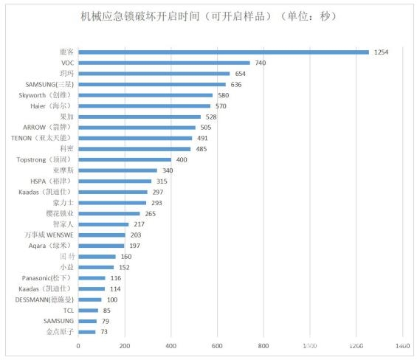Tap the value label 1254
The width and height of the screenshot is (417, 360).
point(381,52)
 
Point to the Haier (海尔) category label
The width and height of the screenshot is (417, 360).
point(51,105)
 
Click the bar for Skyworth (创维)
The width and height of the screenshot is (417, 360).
point(145,95)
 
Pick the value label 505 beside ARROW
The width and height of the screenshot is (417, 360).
point(207,127)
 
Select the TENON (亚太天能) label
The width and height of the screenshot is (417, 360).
point(41,137)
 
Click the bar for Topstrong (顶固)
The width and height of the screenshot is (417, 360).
point(125,159)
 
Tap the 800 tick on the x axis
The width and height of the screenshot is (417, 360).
point(263,345)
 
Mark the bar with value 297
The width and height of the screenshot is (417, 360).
point(113,192)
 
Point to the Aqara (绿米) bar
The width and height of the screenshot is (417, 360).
point(101,246)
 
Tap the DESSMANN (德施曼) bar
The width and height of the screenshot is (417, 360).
point(90,299)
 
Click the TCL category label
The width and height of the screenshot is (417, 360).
point(68,310)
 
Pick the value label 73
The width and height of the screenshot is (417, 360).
point(104,331)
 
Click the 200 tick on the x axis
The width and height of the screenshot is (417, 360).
point(125,345)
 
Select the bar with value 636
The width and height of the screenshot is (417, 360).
point(152,84)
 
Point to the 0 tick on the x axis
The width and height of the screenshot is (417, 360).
point(78,345)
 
